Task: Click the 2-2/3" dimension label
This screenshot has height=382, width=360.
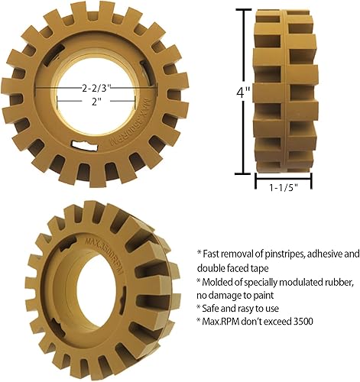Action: pyautogui.click(x=95, y=89)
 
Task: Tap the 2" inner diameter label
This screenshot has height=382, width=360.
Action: pyautogui.click(x=95, y=103)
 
